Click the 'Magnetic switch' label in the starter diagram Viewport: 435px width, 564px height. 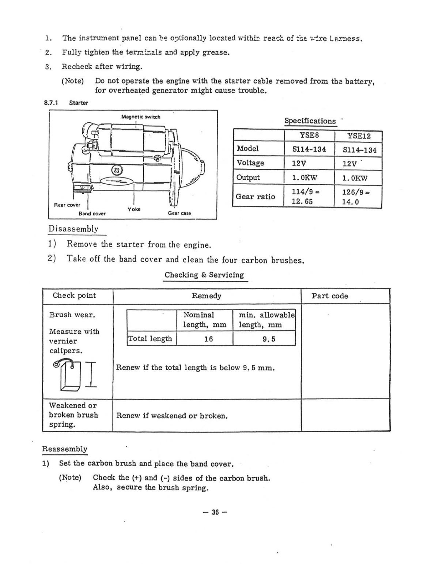coord(141,117)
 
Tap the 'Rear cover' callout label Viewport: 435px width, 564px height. coord(67,205)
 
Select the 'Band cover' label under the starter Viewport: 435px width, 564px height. coord(92,214)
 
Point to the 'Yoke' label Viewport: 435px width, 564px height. coord(134,209)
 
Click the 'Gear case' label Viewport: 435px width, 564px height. coord(179,213)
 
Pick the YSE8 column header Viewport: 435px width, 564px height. coord(309,135)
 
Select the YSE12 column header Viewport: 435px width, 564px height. coord(359,136)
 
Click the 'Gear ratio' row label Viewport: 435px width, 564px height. coord(255,197)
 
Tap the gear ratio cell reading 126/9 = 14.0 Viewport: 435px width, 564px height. coord(356,197)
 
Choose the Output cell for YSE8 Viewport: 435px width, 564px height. coord(304,178)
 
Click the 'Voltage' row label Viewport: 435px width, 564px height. coord(250,163)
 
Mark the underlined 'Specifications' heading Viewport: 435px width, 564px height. coord(310,121)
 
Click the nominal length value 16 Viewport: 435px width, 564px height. coord(208,339)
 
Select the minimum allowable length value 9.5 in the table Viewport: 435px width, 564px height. coord(269,339)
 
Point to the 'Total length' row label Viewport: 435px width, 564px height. coord(150,339)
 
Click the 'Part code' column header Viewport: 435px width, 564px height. coord(330,296)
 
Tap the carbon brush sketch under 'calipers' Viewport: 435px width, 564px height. coord(69,374)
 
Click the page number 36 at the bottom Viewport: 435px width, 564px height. coord(215,512)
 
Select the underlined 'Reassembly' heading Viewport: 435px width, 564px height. coord(65,449)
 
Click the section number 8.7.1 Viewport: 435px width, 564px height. coord(51,103)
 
